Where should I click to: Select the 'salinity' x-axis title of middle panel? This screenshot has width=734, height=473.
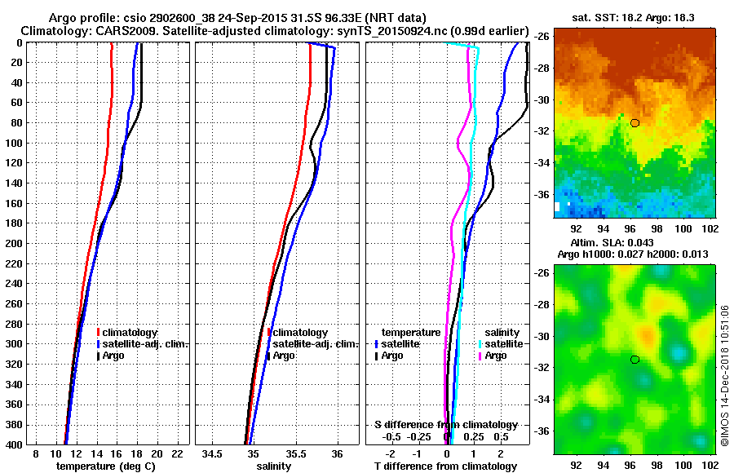(x=272, y=466)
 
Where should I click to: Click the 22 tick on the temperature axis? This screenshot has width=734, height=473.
(x=174, y=453)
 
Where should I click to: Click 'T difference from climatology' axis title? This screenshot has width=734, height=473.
(x=446, y=466)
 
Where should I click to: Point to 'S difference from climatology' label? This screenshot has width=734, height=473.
(x=445, y=425)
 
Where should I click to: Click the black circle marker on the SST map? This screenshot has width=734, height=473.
(x=635, y=123)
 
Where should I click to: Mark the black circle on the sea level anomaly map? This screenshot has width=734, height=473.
(x=635, y=359)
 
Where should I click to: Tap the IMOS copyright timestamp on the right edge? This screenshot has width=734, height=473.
(x=723, y=375)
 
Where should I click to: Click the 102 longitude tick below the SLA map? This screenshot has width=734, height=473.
(x=710, y=466)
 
